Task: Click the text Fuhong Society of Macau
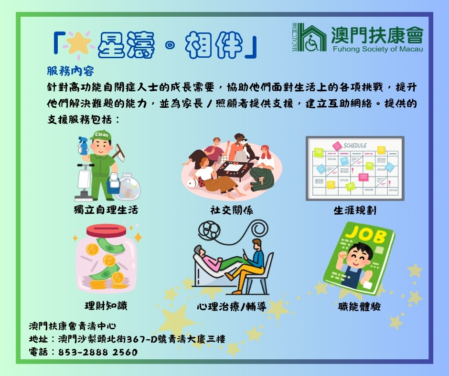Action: pos(378,49)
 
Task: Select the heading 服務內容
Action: pos(70,71)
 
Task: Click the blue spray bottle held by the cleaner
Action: pos(83,146)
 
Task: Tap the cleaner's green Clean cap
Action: pos(101,135)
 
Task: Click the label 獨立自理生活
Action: pos(106,210)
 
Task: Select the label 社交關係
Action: pos(232,210)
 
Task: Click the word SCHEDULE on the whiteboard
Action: pos(355,146)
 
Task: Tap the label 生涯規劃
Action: pos(355,210)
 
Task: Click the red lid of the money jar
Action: pos(106,230)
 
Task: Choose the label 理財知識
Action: pos(106,305)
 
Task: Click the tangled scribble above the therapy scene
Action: pos(209,230)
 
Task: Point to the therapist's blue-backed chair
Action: pos(260,273)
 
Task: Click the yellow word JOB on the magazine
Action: pos(366,235)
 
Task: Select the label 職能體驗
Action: pos(359,306)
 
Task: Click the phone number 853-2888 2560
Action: pos(98,352)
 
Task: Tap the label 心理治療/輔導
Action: pos(232,306)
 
